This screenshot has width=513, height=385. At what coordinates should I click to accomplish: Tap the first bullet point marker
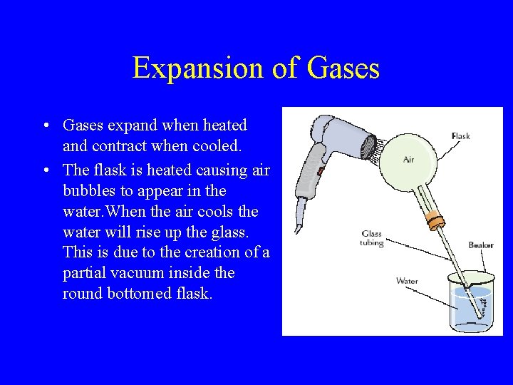pyautogui.click(x=45, y=126)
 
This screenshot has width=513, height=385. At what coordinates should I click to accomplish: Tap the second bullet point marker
pyautogui.click(x=45, y=170)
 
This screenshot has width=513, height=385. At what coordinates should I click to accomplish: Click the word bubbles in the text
pyautogui.click(x=91, y=191)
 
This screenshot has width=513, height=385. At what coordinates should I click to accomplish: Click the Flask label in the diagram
pyautogui.click(x=460, y=136)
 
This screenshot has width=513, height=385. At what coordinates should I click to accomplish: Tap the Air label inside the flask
pyautogui.click(x=408, y=160)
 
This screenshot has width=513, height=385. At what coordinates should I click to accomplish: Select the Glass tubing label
pyautogui.click(x=372, y=238)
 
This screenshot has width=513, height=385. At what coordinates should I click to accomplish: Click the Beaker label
pyautogui.click(x=480, y=245)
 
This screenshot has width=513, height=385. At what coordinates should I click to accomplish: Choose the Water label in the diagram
pyautogui.click(x=407, y=281)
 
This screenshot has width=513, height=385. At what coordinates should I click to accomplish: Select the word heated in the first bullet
pyautogui.click(x=223, y=125)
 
